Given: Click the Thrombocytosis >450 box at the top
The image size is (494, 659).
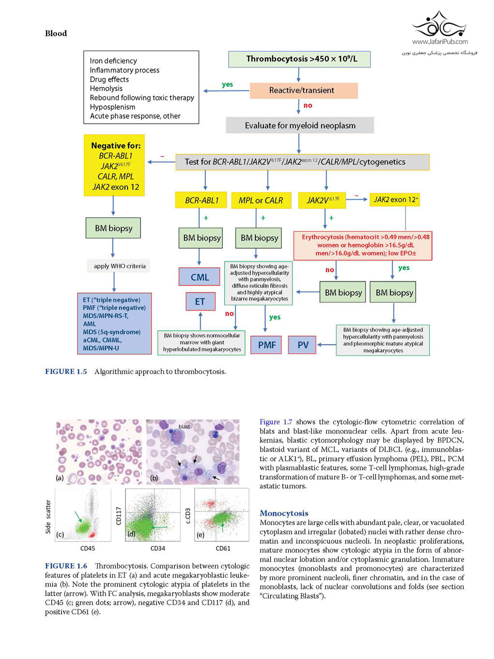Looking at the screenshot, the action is pyautogui.click(x=299, y=59).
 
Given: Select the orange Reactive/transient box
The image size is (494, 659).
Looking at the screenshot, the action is pyautogui.click(x=304, y=90).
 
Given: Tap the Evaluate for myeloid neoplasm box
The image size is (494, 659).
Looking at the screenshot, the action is pyautogui.click(x=300, y=125).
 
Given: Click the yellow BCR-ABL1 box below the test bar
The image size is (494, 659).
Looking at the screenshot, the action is pyautogui.click(x=201, y=200).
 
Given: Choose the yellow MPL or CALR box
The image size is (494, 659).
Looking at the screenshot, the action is pyautogui.click(x=261, y=200).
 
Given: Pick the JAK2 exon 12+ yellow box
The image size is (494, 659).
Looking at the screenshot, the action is pyautogui.click(x=395, y=200).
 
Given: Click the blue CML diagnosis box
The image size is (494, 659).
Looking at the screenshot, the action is pyautogui.click(x=200, y=277).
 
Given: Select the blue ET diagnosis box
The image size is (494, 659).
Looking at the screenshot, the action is pyautogui.click(x=201, y=301).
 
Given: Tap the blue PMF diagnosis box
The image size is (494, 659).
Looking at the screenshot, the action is pyautogui.click(x=267, y=344).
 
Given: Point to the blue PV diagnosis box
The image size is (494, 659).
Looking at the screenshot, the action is pyautogui.click(x=302, y=344).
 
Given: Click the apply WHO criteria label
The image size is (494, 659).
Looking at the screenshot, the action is pyautogui.click(x=119, y=266).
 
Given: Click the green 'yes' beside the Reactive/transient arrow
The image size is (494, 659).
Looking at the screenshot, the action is pyautogui.click(x=227, y=84).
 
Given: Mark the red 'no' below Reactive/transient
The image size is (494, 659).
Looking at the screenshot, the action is pyautogui.click(x=308, y=105).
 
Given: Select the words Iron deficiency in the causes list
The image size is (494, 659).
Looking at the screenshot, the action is pyautogui.click(x=114, y=60).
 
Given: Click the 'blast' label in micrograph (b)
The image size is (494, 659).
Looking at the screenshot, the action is pyautogui.click(x=184, y=426).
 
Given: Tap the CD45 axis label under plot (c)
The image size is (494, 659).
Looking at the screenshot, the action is pyautogui.click(x=87, y=548).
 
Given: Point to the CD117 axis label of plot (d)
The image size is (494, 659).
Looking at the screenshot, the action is pyautogui.click(x=118, y=516).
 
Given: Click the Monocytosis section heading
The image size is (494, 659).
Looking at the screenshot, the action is pyautogui.click(x=284, y=513).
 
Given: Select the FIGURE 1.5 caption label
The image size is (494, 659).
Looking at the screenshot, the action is pyautogui.click(x=66, y=372).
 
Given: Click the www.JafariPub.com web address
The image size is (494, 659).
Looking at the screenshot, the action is pyautogui.click(x=440, y=42).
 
